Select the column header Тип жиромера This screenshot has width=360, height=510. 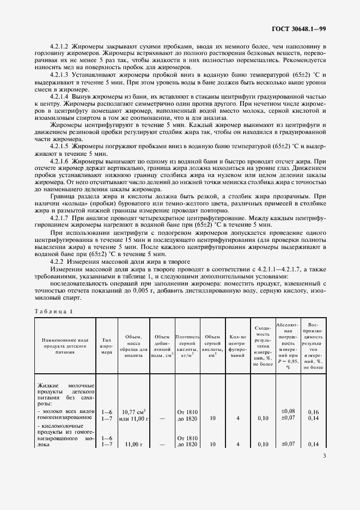click(x=106, y=345)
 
